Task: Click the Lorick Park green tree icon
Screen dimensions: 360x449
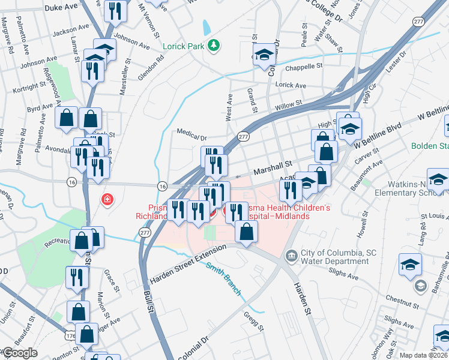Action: pos(213,45)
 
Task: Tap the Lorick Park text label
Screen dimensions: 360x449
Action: pos(183,46)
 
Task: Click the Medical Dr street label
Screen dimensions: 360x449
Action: pos(191,131)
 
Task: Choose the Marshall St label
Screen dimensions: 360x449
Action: pos(271,164)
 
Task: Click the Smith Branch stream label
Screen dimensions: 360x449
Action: pos(223,280)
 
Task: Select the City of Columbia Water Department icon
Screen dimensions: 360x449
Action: pos(292,256)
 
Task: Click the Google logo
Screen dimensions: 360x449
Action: pos(19,353)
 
